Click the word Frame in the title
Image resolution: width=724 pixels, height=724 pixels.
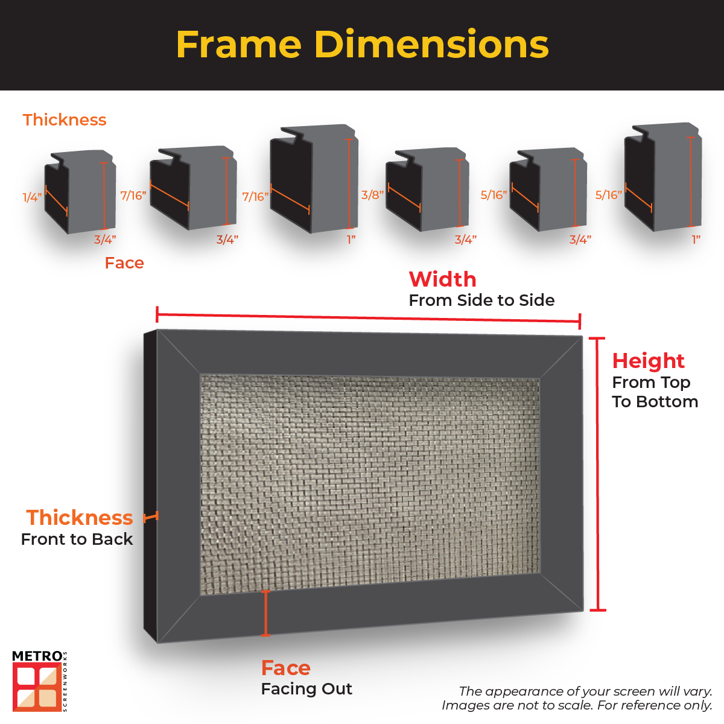tap(238, 45)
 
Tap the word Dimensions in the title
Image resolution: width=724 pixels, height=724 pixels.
tap(431, 45)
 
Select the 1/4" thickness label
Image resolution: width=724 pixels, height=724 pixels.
tap(32, 197)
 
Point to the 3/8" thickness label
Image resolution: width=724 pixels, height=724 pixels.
tap(372, 195)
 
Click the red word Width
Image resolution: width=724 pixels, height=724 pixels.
tap(442, 279)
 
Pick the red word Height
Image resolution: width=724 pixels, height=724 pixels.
tap(648, 361)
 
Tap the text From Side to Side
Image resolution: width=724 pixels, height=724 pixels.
tap(481, 300)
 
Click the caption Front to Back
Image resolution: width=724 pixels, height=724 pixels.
tap(77, 539)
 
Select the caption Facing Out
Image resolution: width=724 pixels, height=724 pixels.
tap(306, 689)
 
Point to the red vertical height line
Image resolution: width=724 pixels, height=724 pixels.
tap(597, 474)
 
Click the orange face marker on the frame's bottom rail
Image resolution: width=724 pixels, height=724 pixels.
tap(265, 613)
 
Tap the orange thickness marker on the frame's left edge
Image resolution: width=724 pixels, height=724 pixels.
tap(151, 517)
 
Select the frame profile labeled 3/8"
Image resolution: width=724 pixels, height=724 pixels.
tap(427, 189)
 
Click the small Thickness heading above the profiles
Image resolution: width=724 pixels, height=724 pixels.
tap(65, 120)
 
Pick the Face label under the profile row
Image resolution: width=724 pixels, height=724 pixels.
tap(124, 263)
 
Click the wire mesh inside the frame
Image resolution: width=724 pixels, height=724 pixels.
tap(369, 483)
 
